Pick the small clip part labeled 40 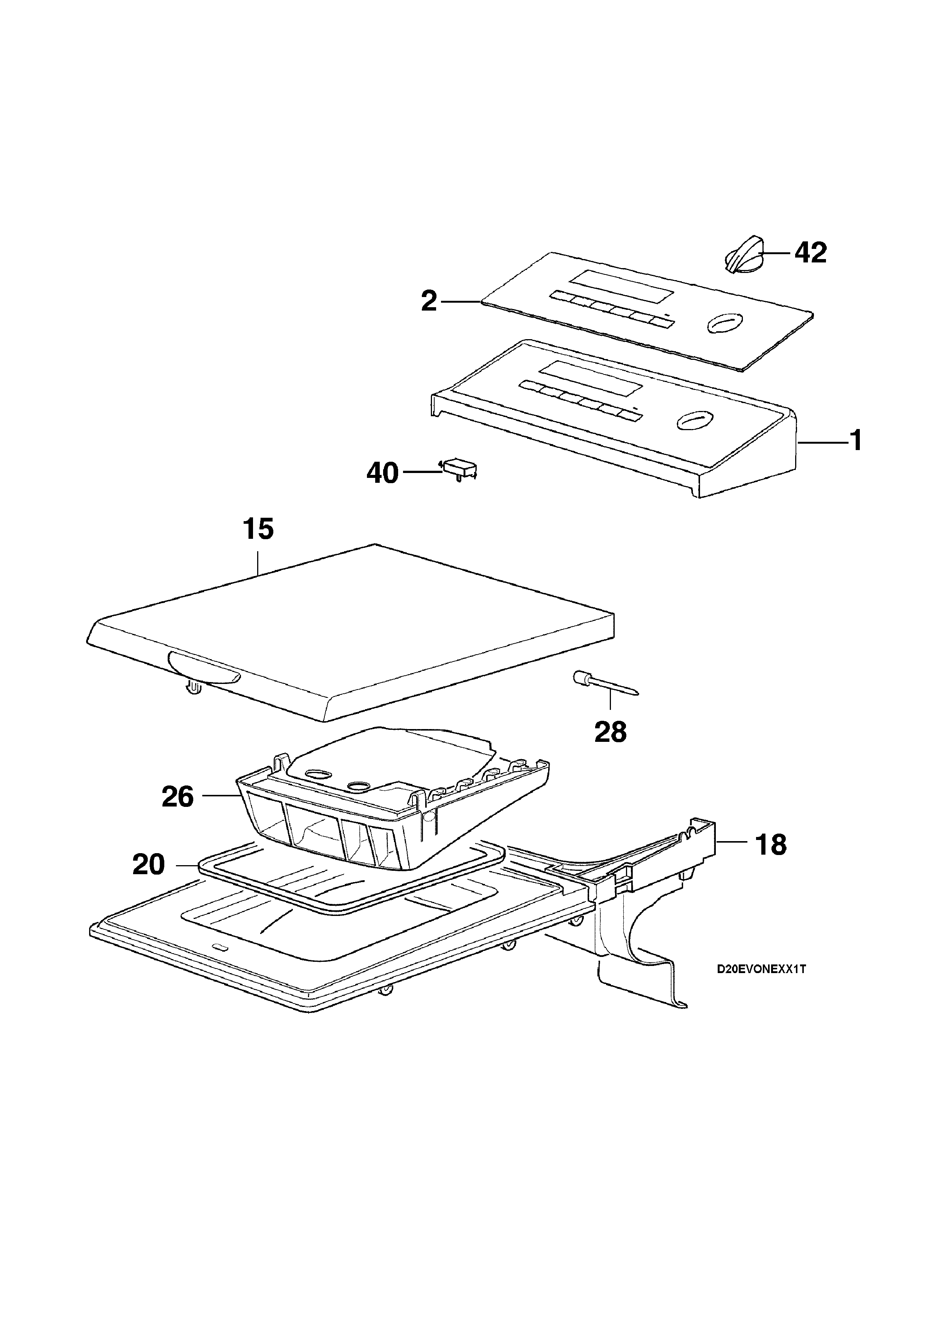pos(459,468)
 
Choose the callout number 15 pos(258,529)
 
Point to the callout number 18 pos(771,844)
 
